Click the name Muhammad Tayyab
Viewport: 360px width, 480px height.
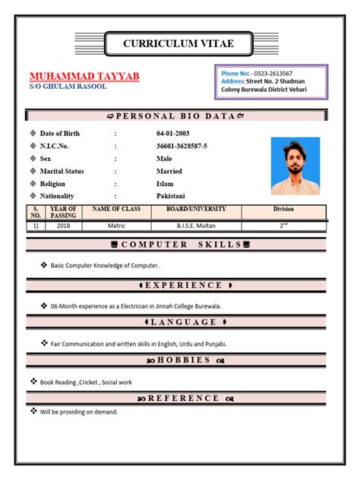pos(84,77)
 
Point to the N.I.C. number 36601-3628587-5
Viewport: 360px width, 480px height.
pos(182,146)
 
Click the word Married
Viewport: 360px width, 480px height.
pos(169,172)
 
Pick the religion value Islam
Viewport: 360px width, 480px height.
pos(166,185)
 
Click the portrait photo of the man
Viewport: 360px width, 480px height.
pos(295,166)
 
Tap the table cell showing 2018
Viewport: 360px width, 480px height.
pos(63,226)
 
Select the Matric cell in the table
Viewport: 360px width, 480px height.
pos(115,226)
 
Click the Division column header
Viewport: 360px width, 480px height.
pos(283,209)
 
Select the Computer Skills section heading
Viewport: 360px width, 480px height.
pos(176,245)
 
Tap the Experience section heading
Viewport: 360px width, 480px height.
pos(176,286)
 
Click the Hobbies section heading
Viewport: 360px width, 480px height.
pos(176,360)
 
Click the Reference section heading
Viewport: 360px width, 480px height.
pos(176,398)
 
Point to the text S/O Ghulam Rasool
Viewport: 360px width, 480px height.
pos(68,87)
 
